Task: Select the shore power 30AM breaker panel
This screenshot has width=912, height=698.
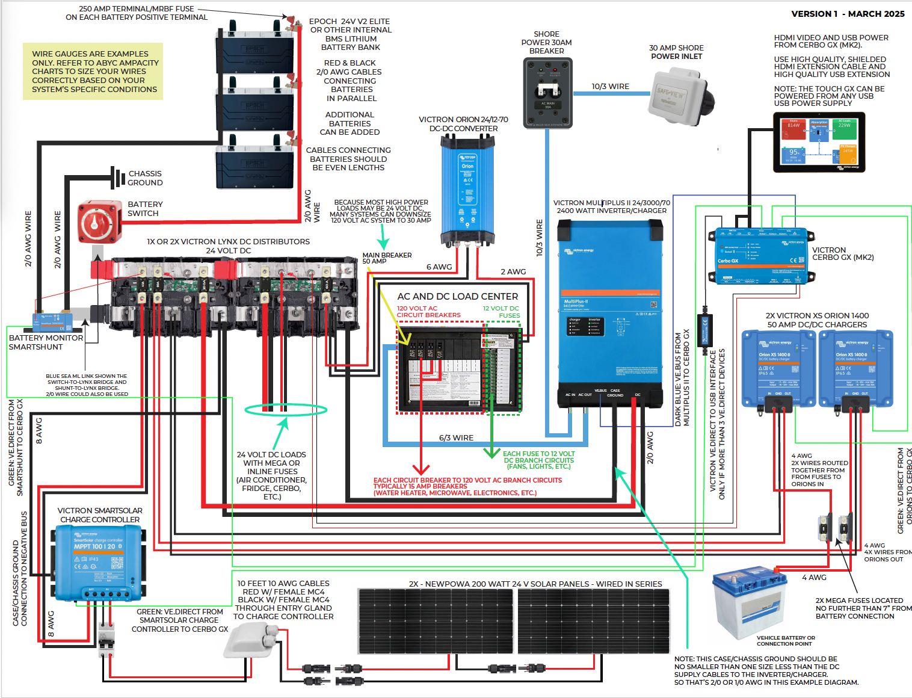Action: pyautogui.click(x=547, y=92)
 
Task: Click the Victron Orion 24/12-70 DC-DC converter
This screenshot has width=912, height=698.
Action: pyautogui.click(x=467, y=189)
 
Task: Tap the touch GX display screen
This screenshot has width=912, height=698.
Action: pyautogui.click(x=819, y=143)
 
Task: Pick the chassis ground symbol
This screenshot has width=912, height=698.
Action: pyautogui.click(x=116, y=178)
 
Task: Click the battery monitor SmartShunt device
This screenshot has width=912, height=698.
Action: pyautogui.click(x=53, y=321)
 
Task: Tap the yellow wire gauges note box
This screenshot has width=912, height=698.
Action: pyautogui.click(x=93, y=71)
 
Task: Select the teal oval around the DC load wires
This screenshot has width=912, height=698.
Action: pyautogui.click(x=286, y=410)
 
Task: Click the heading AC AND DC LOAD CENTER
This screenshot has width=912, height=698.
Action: pyautogui.click(x=457, y=297)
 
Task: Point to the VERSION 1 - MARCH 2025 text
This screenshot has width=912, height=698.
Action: pyautogui.click(x=847, y=14)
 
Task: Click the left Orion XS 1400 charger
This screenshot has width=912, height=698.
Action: pyautogui.click(x=778, y=368)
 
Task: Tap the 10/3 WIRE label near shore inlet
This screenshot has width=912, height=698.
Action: pyautogui.click(x=610, y=87)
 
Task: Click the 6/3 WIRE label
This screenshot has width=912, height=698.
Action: pyautogui.click(x=456, y=438)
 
